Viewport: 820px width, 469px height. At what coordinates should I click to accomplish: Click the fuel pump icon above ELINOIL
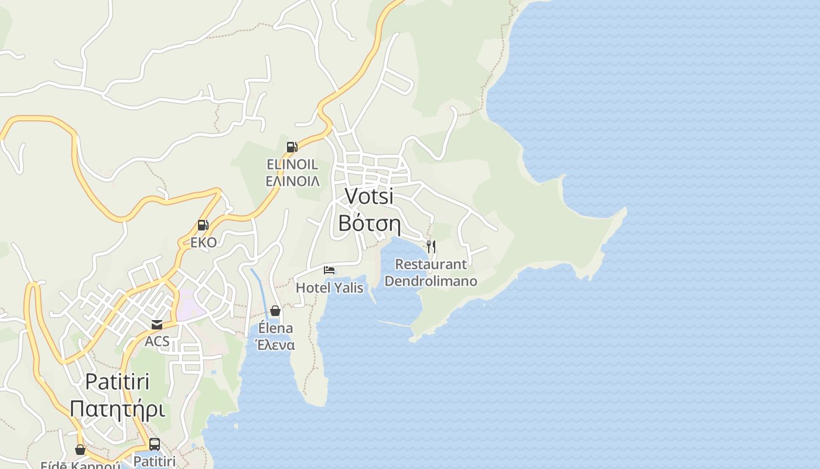(x=292, y=147)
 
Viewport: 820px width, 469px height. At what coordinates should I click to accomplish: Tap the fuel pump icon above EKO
(x=203, y=225)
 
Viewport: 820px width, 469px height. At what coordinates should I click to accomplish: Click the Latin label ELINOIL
(x=292, y=164)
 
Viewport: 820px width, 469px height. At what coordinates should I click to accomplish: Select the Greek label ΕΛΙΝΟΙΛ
(x=292, y=181)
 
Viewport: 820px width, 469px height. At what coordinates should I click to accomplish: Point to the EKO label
(x=203, y=242)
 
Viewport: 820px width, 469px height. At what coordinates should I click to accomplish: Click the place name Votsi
(x=369, y=196)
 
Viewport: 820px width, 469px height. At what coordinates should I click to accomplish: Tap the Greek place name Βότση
(x=369, y=223)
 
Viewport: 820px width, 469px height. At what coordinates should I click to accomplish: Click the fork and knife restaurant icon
(x=430, y=246)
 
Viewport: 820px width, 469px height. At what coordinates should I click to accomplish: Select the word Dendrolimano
(x=430, y=281)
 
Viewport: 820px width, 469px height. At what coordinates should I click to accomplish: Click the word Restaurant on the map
(x=430, y=264)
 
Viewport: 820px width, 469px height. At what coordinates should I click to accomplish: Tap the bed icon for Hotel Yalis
(x=329, y=270)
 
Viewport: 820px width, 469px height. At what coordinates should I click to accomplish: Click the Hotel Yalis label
(x=329, y=288)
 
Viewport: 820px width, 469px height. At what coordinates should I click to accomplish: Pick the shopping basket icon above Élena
(x=275, y=311)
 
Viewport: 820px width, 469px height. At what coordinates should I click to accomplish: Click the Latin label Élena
(x=275, y=328)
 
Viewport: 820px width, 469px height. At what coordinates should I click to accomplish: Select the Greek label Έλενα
(x=275, y=345)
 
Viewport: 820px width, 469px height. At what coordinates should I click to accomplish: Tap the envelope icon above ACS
(x=156, y=325)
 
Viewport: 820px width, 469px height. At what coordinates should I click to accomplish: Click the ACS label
(x=157, y=341)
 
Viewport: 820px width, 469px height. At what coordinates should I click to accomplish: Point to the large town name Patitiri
(x=117, y=382)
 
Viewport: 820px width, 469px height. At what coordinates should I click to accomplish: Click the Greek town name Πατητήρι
(x=117, y=409)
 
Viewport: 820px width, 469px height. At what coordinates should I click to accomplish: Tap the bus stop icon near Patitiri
(x=155, y=444)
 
